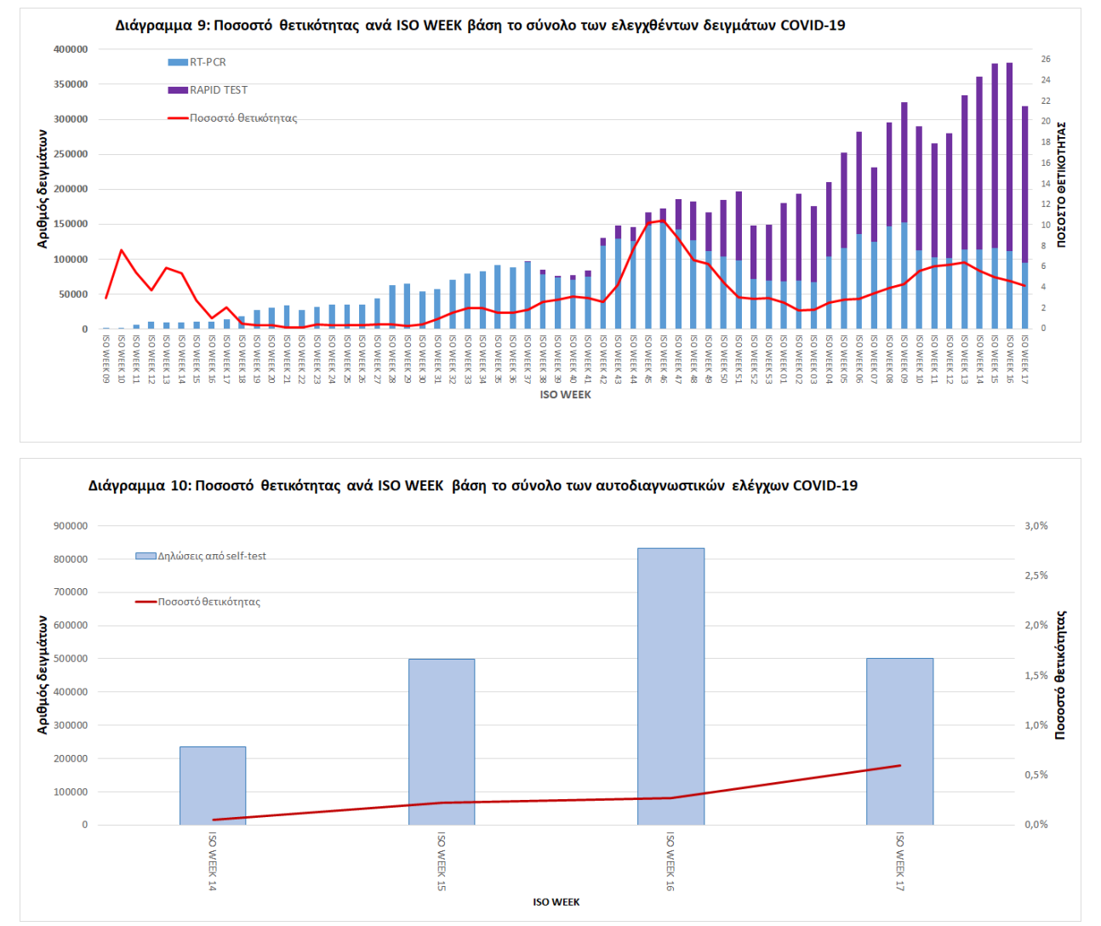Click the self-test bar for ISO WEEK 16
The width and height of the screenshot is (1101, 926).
click(x=670, y=686)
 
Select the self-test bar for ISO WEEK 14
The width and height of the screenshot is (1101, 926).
click(x=213, y=786)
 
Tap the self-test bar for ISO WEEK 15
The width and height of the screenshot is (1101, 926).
click(x=442, y=741)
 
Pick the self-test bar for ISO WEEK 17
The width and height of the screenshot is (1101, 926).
click(x=899, y=741)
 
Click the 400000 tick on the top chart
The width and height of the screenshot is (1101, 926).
click(x=71, y=49)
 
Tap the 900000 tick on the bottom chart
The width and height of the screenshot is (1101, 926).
click(x=71, y=526)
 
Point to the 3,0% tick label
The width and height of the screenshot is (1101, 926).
click(x=1035, y=526)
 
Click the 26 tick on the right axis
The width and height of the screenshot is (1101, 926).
click(x=1046, y=60)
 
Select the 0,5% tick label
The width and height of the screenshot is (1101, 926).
click(x=1035, y=775)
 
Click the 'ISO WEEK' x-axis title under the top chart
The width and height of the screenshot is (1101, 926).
click(x=565, y=395)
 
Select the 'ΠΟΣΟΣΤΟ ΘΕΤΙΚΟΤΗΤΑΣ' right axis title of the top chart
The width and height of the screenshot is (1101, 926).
click(x=1062, y=185)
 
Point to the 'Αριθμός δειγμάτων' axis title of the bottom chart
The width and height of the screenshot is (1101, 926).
click(x=43, y=675)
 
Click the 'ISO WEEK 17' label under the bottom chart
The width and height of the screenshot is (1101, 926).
click(x=899, y=861)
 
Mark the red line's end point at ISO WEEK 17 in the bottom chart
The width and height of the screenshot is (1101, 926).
click(x=899, y=765)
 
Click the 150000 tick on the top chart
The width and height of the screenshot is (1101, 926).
click(x=71, y=224)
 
